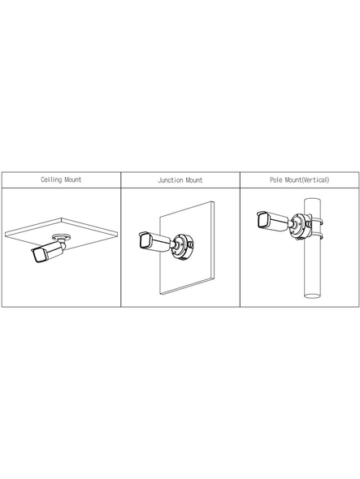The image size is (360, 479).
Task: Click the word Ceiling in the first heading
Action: pyautogui.click(x=51, y=179)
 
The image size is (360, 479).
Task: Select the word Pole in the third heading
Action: pyautogui.click(x=275, y=179)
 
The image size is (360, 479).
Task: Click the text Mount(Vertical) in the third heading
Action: pyautogui.click(x=307, y=179)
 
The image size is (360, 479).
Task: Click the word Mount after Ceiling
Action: pyautogui.click(x=73, y=179)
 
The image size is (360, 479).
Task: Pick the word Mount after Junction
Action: pyautogui.click(x=193, y=180)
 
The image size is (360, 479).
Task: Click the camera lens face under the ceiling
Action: pyautogui.click(x=39, y=256)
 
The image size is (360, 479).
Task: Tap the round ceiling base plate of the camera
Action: pyautogui.click(x=62, y=236)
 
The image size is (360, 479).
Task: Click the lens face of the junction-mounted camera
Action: pyautogui.click(x=145, y=241)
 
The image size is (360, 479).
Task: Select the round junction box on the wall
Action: pyautogui.click(x=181, y=246)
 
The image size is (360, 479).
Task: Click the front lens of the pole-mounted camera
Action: pyautogui.click(x=262, y=220)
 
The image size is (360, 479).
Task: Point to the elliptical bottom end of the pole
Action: pyautogui.click(x=312, y=296)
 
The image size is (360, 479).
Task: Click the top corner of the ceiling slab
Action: pyautogui.click(x=62, y=218)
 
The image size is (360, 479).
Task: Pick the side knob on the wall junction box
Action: pyautogui.click(x=190, y=244)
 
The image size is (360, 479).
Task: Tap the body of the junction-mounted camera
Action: pyautogui.click(x=154, y=242)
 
